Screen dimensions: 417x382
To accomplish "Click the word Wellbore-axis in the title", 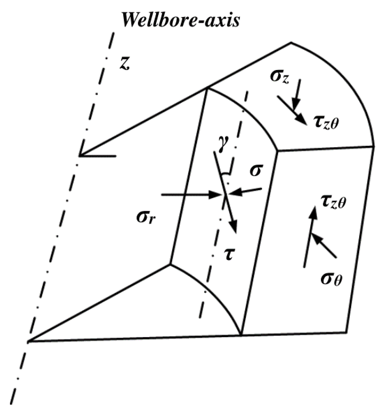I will click(181, 21).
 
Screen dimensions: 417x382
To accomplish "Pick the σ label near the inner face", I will click(255, 171).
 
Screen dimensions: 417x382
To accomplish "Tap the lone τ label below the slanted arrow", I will click(227, 254).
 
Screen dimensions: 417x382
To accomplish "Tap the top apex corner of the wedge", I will click(291, 43).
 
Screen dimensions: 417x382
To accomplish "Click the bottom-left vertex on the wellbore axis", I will click(28, 341).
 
